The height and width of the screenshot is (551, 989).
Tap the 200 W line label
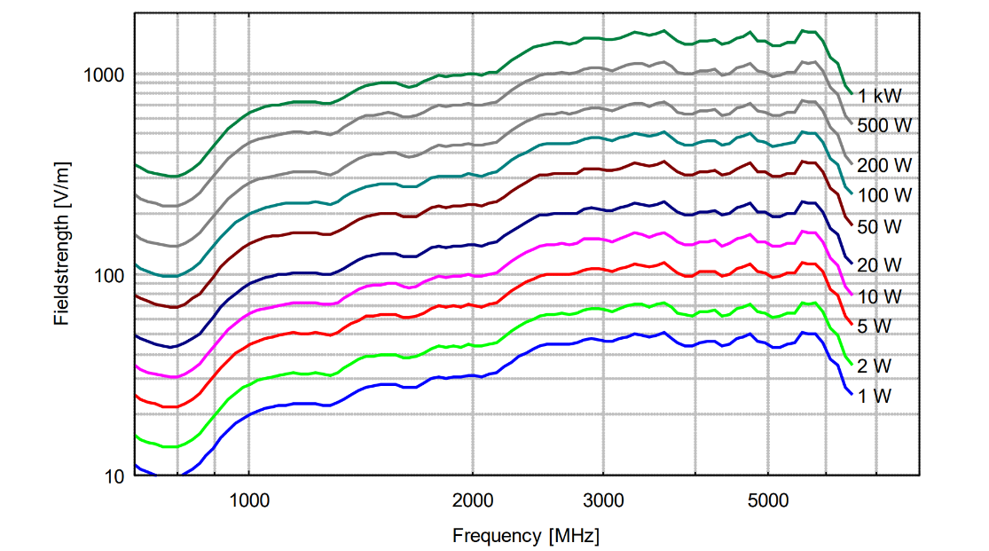click(884, 165)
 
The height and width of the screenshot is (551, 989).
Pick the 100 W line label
click(884, 194)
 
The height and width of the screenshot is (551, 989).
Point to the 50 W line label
click(880, 226)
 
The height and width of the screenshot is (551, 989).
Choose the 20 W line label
click(880, 264)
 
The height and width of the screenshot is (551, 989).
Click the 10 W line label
click(880, 295)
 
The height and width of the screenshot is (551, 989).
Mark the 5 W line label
click(875, 326)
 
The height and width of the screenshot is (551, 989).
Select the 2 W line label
click(875, 365)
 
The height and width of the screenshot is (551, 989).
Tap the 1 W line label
click(875, 395)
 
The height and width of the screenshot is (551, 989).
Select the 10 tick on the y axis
click(114, 476)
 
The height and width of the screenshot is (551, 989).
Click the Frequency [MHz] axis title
click(525, 536)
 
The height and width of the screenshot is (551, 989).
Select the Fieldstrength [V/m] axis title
click(61, 244)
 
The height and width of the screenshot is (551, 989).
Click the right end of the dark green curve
click(852, 92)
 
